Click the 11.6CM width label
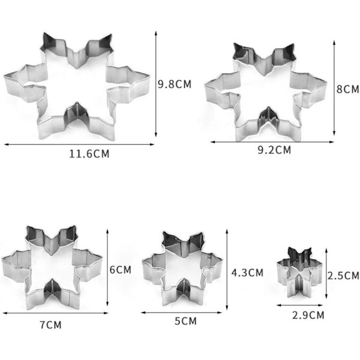pyautogui.click(x=89, y=154)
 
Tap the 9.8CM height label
pyautogui.click(x=175, y=84)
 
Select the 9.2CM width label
pyautogui.click(x=274, y=150)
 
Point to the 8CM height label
pyautogui.click(x=347, y=89)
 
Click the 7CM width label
pyautogui.click(x=51, y=325)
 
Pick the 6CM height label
pyautogui.click(x=121, y=270)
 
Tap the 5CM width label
pyautogui.click(x=185, y=321)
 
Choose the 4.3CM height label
pyautogui.click(x=247, y=272)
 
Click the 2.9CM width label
pyautogui.click(x=308, y=315)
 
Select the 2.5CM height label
pyautogui.click(x=343, y=275)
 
